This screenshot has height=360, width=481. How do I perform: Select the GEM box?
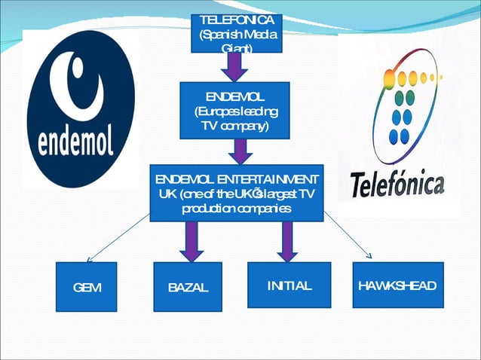(x=87, y=286)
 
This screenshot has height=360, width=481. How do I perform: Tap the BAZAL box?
(x=188, y=287)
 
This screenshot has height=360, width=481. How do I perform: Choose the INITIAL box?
(x=289, y=285)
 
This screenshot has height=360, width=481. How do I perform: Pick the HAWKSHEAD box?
(x=397, y=285)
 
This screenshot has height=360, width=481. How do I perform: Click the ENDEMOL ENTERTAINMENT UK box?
(x=237, y=194)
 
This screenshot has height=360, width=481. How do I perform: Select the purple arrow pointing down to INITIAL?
(x=286, y=241)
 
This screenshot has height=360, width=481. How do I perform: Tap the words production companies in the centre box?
(x=236, y=208)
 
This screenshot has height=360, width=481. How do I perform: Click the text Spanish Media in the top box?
(x=237, y=35)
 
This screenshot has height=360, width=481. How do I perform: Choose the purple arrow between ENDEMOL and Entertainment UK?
(x=240, y=152)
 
